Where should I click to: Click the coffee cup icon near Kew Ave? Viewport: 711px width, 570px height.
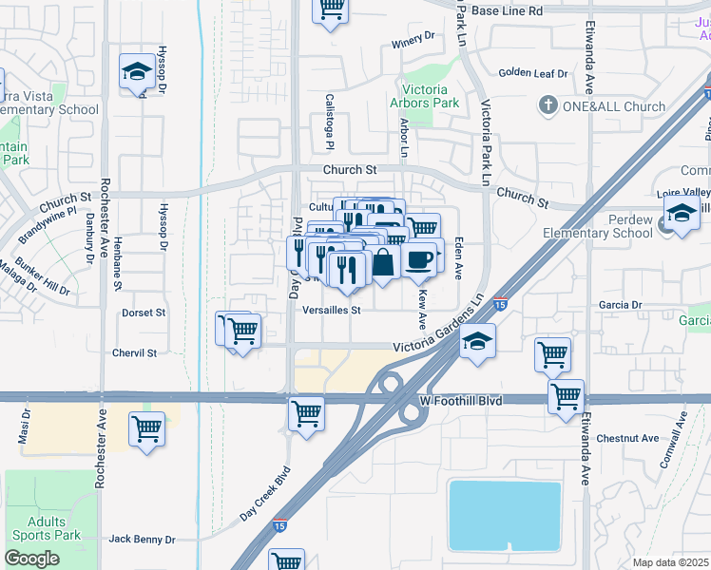coord(419,259)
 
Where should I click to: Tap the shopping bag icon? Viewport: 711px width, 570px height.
coord(382,262)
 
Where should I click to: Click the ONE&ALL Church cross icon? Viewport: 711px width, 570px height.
coord(548,106)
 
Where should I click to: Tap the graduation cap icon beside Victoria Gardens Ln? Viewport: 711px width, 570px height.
coord(478,342)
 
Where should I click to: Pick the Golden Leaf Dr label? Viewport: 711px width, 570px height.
coord(532,73)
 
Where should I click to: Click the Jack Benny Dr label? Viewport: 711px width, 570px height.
coord(142,539)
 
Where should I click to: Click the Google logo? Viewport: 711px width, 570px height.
coord(31,558)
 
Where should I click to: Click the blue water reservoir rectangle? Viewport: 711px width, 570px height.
coord(504,515)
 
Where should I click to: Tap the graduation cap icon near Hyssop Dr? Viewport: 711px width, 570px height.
coord(137,72)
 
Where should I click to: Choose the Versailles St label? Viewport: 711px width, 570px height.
coord(331,310)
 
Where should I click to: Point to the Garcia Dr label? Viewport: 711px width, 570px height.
coord(622,305)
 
